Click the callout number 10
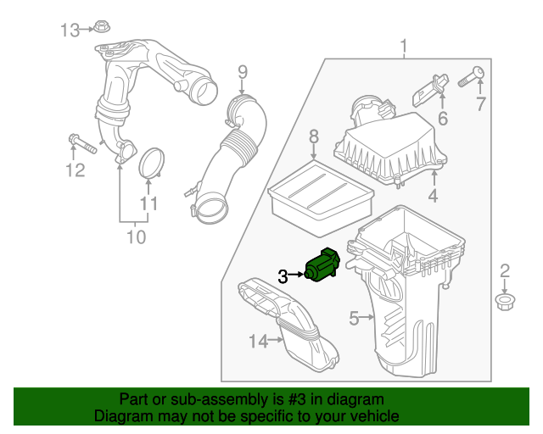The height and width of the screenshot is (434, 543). tap(136, 236)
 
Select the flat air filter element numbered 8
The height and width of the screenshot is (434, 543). tap(321, 198)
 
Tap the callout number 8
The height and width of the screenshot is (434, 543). tap(313, 136)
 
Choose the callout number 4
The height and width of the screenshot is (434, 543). tap(433, 198)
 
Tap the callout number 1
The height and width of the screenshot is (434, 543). tap(404, 44)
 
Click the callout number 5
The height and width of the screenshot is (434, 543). tap(354, 318)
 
